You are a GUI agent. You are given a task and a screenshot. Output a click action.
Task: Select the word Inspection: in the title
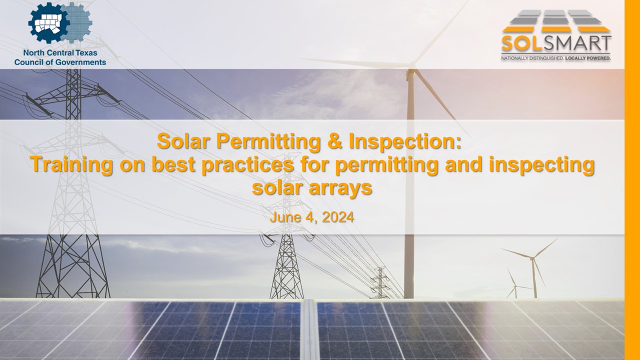[405, 142]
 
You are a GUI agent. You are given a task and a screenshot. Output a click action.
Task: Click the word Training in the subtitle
[71, 165]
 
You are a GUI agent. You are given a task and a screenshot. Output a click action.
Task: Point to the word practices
[247, 165]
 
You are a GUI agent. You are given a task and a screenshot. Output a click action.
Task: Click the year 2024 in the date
[338, 217]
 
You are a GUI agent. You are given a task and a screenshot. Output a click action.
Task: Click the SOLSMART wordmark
[556, 43]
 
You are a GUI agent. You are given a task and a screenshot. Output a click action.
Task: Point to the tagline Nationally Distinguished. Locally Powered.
[556, 58]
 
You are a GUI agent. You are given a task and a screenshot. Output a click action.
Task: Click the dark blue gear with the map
[48, 23]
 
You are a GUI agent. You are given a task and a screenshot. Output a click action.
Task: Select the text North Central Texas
[60, 53]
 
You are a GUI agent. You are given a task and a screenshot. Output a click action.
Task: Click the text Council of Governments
[60, 62]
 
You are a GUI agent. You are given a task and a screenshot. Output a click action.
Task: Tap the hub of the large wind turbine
[411, 65]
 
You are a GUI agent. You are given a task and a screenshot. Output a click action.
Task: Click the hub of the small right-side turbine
[532, 258]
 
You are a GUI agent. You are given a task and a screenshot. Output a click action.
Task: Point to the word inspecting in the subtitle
[541, 165]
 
